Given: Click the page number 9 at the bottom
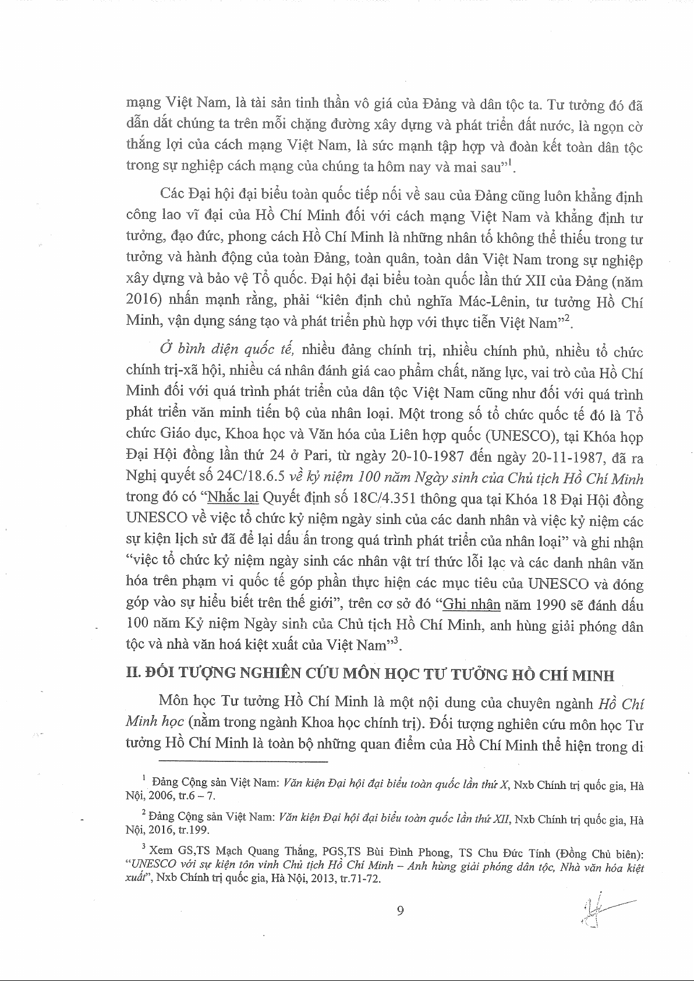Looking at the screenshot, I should pyautogui.click(x=400, y=911).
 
